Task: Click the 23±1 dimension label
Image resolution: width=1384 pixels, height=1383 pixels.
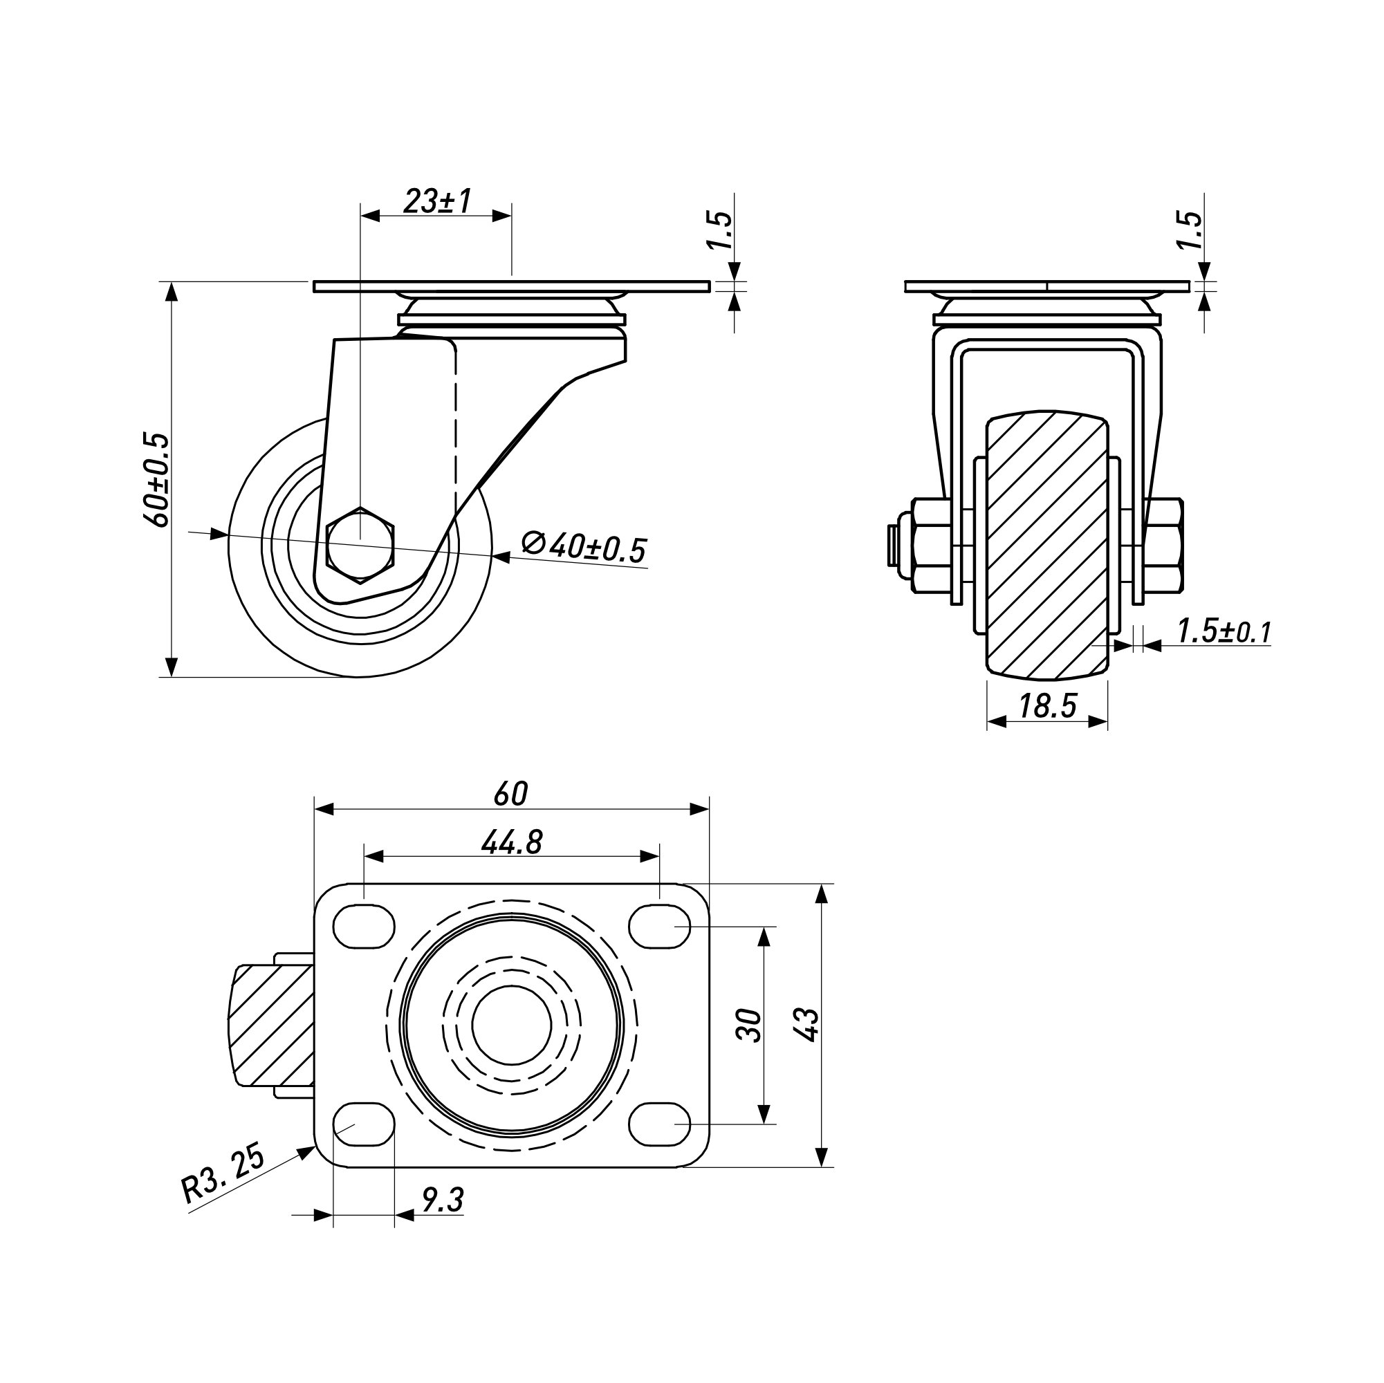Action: click(437, 201)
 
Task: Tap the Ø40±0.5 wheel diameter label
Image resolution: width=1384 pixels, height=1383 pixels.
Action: click(584, 547)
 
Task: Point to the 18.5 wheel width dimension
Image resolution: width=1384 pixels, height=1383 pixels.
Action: click(1047, 707)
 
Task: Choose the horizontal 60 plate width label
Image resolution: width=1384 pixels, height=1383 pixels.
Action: click(510, 794)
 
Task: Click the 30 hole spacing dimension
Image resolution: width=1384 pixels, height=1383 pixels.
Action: click(749, 1025)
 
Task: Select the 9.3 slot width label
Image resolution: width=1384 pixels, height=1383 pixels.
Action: click(443, 1200)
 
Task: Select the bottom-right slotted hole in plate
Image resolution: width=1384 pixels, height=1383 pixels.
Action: click(659, 1124)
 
